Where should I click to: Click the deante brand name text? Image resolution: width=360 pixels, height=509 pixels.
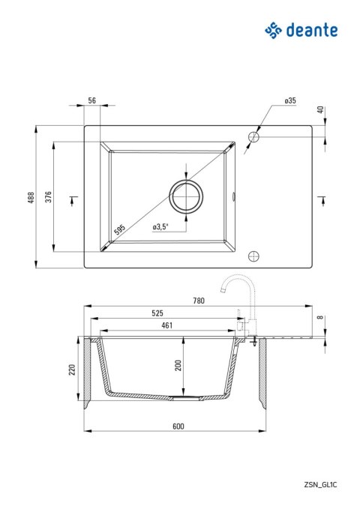(312, 30)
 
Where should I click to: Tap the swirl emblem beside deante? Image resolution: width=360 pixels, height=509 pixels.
(273, 31)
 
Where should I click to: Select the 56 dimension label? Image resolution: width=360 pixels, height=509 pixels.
(92, 100)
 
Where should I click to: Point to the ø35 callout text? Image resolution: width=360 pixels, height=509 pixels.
(290, 100)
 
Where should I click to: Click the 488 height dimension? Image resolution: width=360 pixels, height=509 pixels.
(31, 197)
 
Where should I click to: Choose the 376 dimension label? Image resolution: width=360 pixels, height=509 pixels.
(48, 196)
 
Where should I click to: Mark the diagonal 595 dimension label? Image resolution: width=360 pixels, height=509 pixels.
(119, 229)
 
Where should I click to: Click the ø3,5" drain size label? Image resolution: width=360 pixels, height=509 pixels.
(160, 227)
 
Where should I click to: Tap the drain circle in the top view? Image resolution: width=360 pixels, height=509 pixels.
(186, 196)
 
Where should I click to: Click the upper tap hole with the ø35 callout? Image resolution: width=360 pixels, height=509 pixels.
(253, 137)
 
